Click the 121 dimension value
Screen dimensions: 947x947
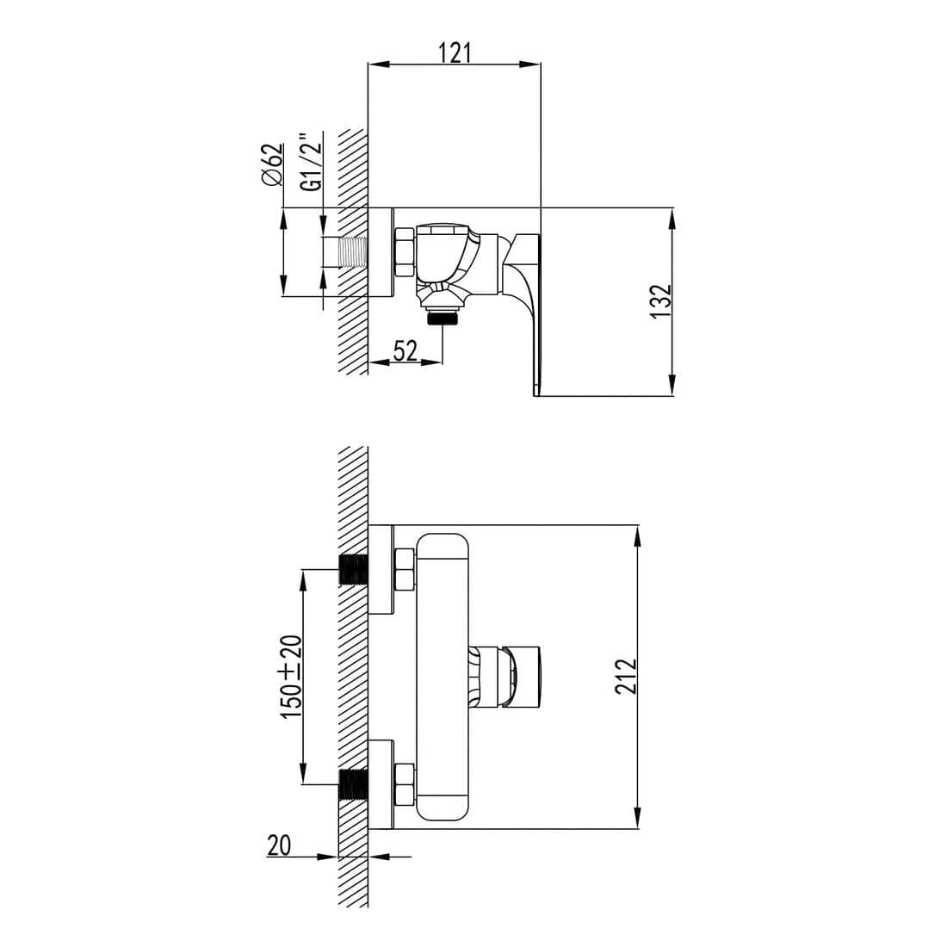pos(455,53)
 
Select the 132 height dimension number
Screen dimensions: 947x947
pos(661,301)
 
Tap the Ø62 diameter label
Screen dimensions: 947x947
pos(272,165)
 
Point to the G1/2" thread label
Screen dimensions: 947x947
pos(312,162)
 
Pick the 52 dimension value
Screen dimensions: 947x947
pos(405,350)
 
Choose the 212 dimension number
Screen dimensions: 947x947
pos(626,677)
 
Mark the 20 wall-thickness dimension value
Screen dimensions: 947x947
pos(278,845)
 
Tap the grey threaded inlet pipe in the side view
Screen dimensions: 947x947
pos(353,251)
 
